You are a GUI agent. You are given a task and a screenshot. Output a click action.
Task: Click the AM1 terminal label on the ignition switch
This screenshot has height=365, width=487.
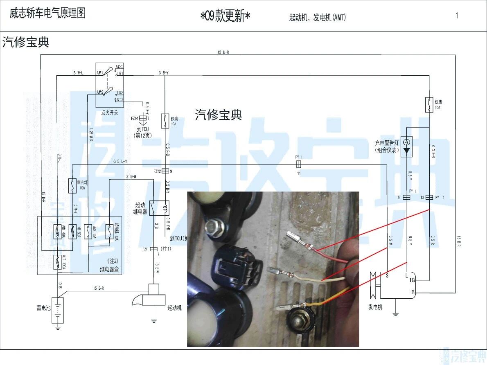(100, 73)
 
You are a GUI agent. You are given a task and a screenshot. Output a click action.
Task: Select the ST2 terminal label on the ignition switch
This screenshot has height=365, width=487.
(120, 99)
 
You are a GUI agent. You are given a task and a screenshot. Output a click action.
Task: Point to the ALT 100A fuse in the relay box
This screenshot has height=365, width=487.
(58, 262)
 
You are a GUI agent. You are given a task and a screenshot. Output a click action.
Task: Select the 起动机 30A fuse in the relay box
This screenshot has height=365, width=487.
(108, 232)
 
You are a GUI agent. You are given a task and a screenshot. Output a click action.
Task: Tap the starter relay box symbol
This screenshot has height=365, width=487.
(159, 208)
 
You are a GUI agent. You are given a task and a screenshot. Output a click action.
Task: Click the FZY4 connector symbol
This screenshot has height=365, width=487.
(143, 119)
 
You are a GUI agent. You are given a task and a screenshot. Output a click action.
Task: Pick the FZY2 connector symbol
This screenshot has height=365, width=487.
(165, 171)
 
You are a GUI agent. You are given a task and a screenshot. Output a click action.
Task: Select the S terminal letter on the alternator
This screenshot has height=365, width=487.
(387, 275)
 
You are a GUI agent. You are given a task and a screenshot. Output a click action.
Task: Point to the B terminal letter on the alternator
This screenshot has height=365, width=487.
(413, 292)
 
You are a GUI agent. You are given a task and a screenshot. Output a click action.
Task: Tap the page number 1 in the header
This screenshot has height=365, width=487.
(457, 16)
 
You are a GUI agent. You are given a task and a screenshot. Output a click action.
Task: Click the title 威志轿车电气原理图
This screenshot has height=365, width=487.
(47, 14)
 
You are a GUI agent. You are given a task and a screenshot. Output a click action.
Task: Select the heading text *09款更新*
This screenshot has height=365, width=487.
(225, 17)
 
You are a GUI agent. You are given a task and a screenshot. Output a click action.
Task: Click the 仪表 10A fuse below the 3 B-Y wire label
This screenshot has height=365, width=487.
(165, 121)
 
